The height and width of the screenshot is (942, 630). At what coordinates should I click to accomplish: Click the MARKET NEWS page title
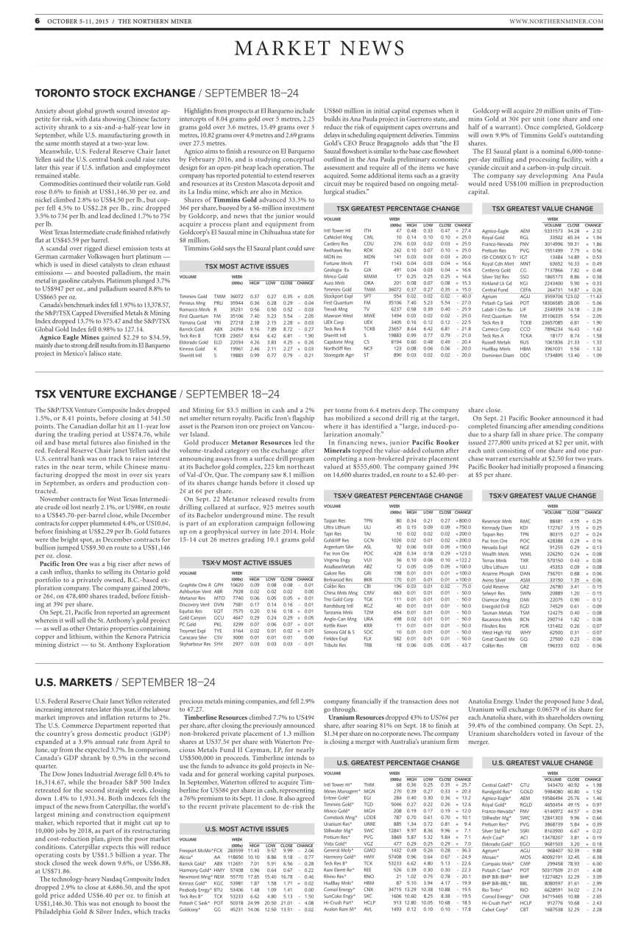click(x=315, y=49)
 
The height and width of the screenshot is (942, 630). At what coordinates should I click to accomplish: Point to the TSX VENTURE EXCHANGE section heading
click(x=91, y=374)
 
